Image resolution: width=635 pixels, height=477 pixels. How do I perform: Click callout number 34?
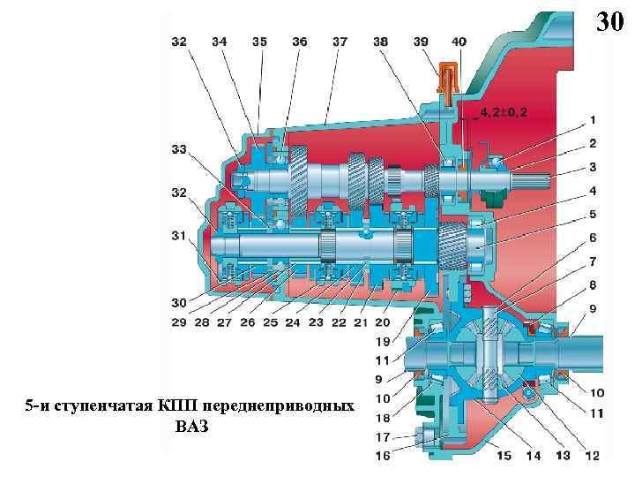coord(219,41)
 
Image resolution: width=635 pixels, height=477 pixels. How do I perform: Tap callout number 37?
coord(340,41)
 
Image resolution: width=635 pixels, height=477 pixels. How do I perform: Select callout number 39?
coord(421,41)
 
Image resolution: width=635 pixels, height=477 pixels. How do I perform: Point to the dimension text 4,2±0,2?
coord(505,113)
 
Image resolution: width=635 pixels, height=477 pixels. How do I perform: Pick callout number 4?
coord(593,190)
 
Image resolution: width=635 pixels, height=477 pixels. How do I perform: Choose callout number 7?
coord(593,261)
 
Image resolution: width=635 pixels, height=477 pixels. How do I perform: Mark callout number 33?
coord(179,149)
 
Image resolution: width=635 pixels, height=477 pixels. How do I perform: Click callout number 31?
coord(179,235)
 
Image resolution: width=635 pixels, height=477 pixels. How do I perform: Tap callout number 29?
coord(179,323)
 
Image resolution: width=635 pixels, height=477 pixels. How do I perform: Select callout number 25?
coord(271,323)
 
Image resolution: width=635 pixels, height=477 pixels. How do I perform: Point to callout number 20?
coord(382,323)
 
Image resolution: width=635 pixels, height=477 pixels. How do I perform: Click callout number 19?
coord(382,341)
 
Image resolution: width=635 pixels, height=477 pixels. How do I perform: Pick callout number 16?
coord(382,455)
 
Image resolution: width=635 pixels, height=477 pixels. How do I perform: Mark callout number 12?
coord(592,455)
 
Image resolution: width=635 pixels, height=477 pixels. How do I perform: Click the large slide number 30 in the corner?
coord(609,21)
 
